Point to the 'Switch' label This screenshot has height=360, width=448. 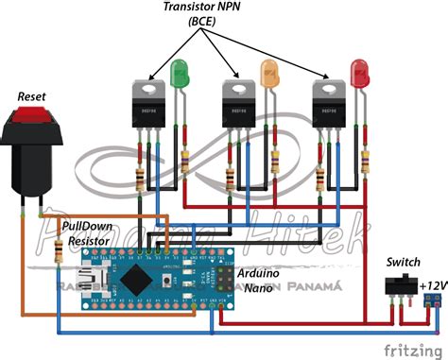[403, 262]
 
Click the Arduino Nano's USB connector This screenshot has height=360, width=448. [94, 281]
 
